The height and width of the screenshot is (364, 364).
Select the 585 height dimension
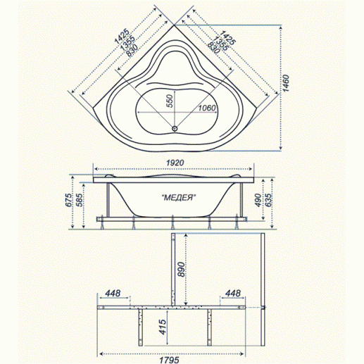tap(80, 203)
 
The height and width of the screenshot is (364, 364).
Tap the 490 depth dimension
tap(259, 202)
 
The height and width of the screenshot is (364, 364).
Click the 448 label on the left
tap(114, 294)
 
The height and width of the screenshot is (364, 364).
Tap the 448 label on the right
tap(234, 294)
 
